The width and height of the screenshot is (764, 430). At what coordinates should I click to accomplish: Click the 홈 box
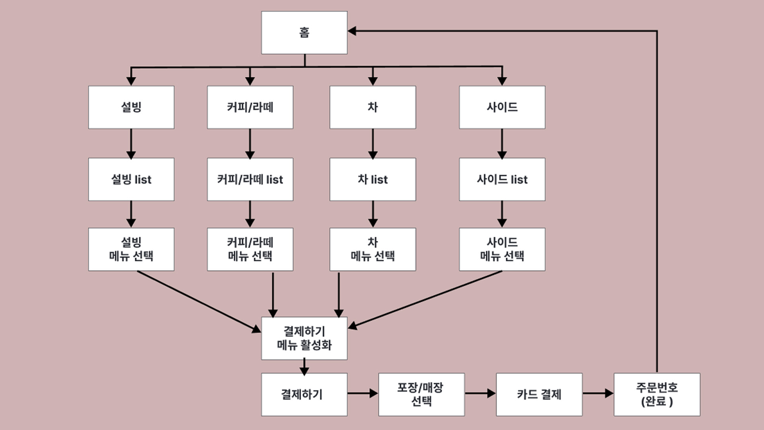[304, 33]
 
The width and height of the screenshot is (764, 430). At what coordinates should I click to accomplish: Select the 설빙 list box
[131, 179]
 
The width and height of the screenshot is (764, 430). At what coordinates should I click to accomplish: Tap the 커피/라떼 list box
[250, 179]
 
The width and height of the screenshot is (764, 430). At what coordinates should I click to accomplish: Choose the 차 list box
[372, 179]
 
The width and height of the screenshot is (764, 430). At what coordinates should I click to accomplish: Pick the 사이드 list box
[502, 179]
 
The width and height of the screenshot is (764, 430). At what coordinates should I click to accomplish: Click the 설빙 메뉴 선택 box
[131, 249]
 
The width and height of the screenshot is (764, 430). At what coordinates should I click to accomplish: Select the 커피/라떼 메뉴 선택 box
[250, 249]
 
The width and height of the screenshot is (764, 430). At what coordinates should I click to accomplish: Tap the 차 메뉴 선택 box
[372, 249]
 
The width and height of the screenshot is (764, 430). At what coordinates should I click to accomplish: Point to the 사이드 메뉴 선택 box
[502, 249]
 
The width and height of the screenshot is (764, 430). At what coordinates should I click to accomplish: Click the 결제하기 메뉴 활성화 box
[304, 338]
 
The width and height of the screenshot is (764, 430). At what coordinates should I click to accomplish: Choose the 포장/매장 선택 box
[421, 394]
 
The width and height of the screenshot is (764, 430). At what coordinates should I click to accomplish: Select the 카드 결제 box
[539, 394]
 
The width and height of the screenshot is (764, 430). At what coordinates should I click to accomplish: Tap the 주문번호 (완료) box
[657, 394]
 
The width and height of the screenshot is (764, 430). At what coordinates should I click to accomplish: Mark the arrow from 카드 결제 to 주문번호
[598, 393]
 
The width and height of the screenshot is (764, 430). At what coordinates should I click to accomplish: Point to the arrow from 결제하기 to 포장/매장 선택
[362, 393]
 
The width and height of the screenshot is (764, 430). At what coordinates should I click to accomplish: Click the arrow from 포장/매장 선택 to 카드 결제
[480, 393]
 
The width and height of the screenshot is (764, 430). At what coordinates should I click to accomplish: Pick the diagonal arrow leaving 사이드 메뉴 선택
[426, 299]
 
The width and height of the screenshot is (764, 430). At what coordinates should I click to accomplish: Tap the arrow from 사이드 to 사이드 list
[502, 143]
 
